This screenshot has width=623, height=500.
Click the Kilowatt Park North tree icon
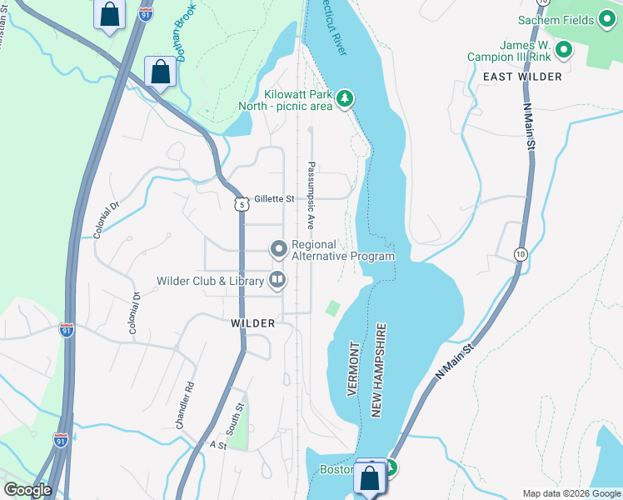click(x=345, y=99)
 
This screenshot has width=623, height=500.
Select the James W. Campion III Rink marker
click(x=564, y=51)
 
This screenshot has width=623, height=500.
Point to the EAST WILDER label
click(x=522, y=76)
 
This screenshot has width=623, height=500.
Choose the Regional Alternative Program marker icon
click(x=278, y=249)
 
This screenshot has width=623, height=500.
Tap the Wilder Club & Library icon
click(x=277, y=281)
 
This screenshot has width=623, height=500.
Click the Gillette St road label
click(x=275, y=199)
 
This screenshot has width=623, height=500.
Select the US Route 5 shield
click(x=242, y=203)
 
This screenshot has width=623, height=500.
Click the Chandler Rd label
click(x=184, y=405)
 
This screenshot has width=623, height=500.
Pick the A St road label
click(x=218, y=446)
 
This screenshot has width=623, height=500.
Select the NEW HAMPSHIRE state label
click(x=380, y=370)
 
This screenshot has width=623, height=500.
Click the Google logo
click(x=27, y=490)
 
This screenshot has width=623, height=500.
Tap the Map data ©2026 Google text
click(x=571, y=492)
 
